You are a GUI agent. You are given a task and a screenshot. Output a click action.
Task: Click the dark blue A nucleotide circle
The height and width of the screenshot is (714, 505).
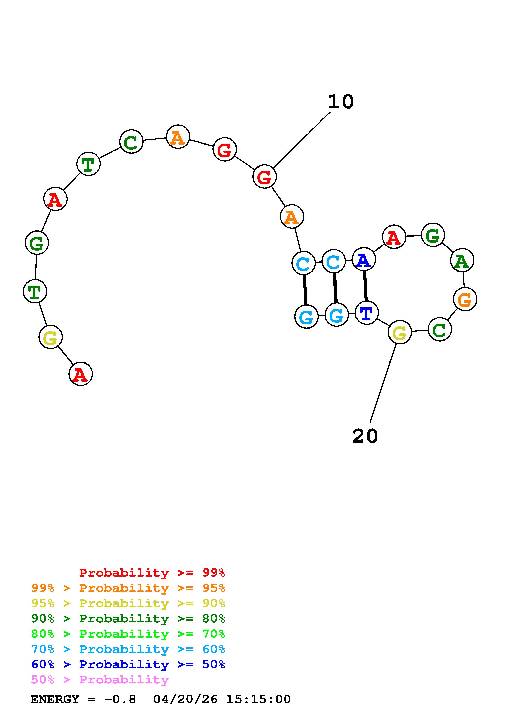coord(364,259)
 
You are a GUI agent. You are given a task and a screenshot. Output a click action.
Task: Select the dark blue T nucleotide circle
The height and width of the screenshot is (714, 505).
coord(366,313)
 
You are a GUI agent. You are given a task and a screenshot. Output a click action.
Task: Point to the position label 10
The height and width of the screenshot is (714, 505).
coord(341,102)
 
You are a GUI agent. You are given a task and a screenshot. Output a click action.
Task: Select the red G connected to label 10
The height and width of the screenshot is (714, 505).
coord(264,177)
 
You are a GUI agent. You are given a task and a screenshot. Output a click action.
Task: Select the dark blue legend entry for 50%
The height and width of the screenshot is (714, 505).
coord(128,664)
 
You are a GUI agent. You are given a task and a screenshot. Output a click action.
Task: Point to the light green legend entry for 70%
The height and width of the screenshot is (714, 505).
coord(128,634)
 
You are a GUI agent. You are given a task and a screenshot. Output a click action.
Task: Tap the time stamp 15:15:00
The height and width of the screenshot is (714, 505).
coord(258,699)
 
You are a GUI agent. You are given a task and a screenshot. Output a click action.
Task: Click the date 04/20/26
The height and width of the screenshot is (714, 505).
coord(185,699)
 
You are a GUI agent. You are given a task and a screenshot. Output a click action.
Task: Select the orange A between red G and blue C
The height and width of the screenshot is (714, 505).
coord(292,216)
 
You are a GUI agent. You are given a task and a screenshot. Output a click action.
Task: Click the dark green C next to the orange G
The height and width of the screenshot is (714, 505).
coord(439,329)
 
